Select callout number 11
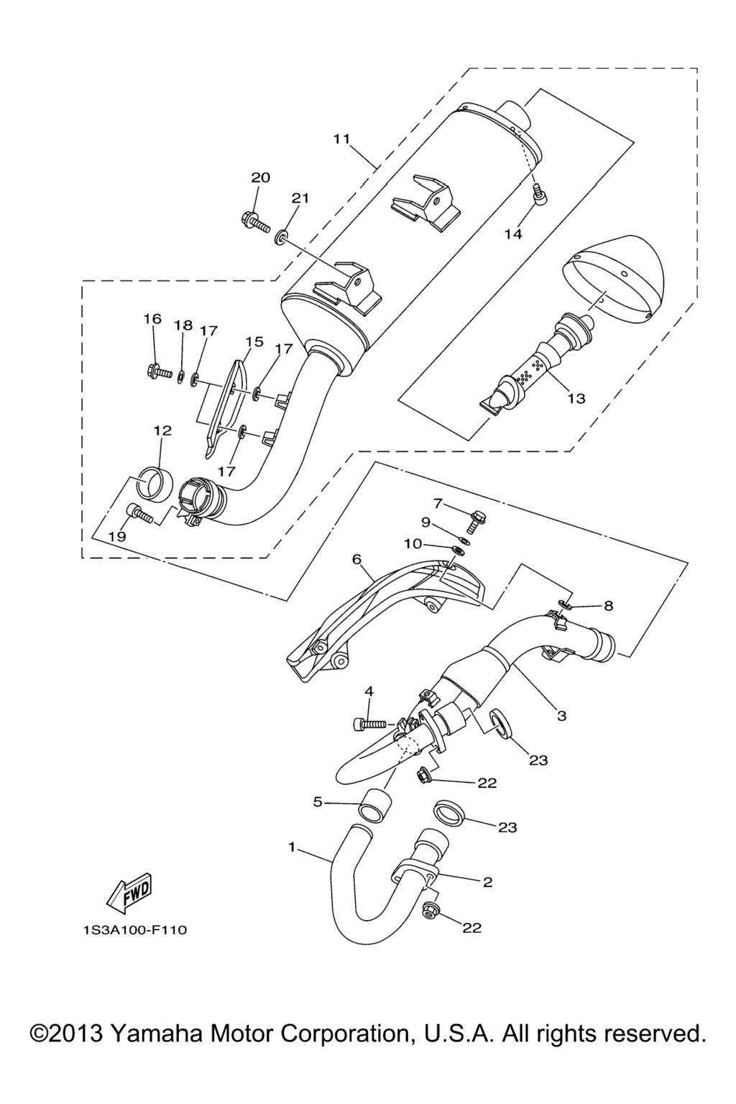coord(341,139)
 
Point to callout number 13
coord(576,397)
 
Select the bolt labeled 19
coord(140,515)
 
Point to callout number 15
coord(254,341)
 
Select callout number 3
coord(561,715)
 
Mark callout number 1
coord(292,847)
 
